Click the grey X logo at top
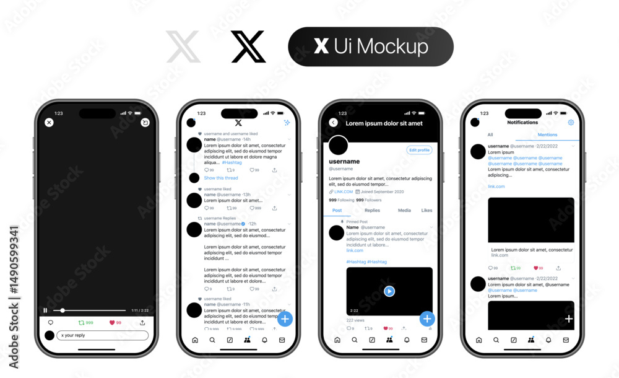tap(183, 47)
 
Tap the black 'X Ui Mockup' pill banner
tap(370, 46)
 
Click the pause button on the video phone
tap(45, 310)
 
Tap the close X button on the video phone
tap(49, 123)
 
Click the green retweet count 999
tap(86, 322)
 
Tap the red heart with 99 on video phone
tap(115, 322)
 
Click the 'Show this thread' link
tap(221, 178)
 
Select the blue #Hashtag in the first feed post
tap(232, 162)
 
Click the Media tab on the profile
tap(404, 211)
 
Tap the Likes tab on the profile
tap(427, 211)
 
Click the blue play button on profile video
tap(389, 291)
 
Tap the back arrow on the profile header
tap(333, 123)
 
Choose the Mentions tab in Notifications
tap(547, 134)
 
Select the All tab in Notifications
tap(490, 134)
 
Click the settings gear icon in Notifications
tap(571, 123)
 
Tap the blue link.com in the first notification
tap(496, 187)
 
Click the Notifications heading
tap(523, 123)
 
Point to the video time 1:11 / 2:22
tap(139, 310)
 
